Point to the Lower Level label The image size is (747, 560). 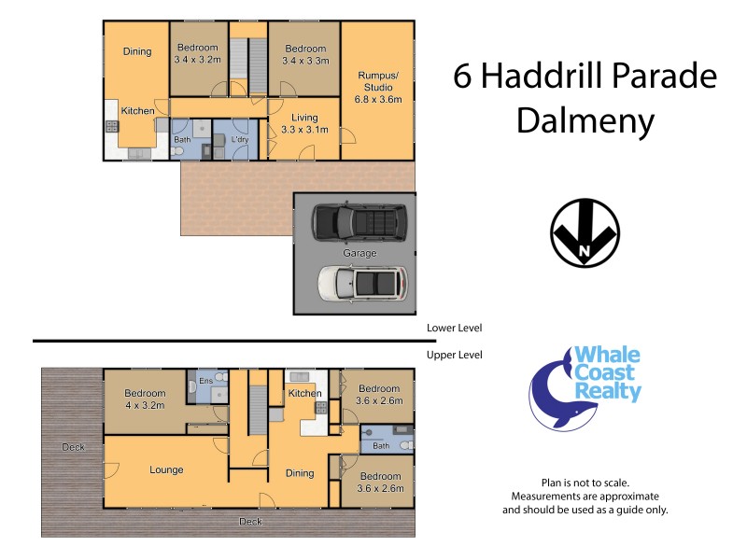(x=453, y=328)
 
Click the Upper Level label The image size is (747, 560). (x=453, y=355)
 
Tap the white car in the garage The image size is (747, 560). (x=362, y=281)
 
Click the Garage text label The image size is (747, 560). (x=359, y=253)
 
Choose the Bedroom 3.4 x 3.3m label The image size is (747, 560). (x=305, y=54)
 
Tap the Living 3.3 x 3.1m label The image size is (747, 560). (x=304, y=123)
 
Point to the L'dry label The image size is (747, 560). (x=239, y=140)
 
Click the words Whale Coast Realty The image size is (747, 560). (x=607, y=374)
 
